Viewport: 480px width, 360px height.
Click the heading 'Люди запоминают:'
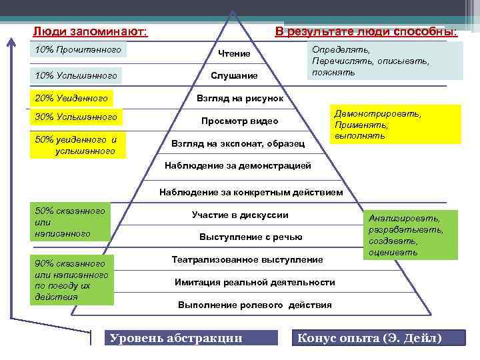(90, 31)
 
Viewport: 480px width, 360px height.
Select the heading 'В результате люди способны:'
(366, 31)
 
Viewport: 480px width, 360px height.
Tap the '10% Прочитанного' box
(79, 50)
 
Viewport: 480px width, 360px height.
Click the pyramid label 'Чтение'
(234, 53)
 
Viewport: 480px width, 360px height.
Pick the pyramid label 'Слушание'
(234, 76)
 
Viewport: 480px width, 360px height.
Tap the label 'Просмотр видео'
(240, 121)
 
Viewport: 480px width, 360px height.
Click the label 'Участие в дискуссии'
(240, 215)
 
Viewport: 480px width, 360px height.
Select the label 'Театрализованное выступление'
(247, 259)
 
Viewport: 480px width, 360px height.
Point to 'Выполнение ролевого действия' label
(254, 305)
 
